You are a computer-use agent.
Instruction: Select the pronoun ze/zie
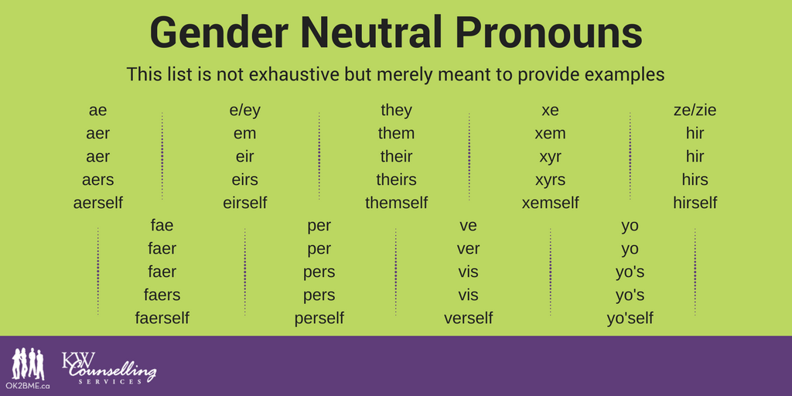(695, 110)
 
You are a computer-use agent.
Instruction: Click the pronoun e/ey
(245, 111)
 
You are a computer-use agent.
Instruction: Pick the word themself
(397, 203)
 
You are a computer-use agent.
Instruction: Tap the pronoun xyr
(550, 157)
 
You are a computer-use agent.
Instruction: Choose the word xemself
(550, 203)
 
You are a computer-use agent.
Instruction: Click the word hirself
(695, 203)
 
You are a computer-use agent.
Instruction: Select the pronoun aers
(98, 179)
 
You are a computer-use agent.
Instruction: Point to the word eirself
(245, 203)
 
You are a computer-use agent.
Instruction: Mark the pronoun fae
(162, 225)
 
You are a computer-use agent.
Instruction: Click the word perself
(319, 318)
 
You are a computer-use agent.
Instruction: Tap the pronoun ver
(468, 249)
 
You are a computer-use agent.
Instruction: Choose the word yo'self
(630, 318)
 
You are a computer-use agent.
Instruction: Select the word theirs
(397, 179)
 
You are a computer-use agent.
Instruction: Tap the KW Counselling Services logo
(108, 367)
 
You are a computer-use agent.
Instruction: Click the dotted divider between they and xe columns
(469, 156)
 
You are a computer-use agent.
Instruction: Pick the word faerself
(162, 318)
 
